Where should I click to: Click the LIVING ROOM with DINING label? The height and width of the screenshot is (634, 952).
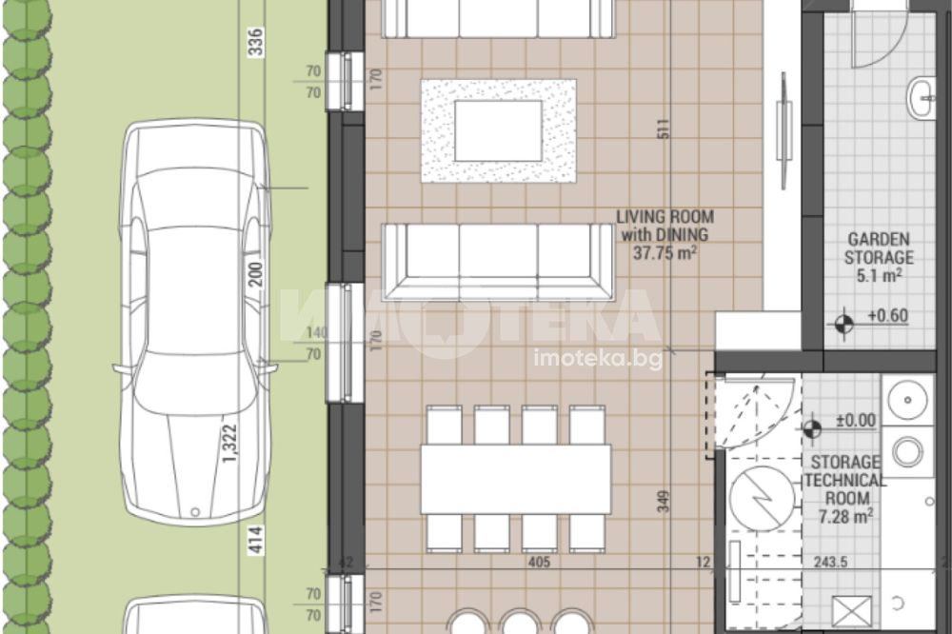[664, 234]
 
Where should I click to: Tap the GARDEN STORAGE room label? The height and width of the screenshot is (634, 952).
[879, 257]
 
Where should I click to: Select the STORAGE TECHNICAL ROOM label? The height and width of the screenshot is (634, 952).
[845, 489]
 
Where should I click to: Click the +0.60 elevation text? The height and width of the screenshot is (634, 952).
[887, 316]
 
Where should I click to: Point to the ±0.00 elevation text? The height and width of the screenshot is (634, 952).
[856, 420]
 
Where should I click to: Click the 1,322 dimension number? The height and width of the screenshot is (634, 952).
[230, 444]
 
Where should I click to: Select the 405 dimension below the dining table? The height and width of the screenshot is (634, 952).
[539, 563]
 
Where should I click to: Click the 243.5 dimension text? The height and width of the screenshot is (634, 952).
[830, 563]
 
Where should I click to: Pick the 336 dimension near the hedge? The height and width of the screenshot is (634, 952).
[257, 42]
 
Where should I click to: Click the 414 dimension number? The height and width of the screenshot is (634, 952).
[257, 540]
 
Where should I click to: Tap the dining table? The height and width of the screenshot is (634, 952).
[515, 479]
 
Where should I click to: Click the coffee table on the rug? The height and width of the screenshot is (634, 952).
[498, 131]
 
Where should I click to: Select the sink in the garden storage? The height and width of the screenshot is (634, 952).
[921, 97]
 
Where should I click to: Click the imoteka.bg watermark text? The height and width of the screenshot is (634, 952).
[598, 359]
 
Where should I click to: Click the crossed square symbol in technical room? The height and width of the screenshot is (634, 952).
[851, 610]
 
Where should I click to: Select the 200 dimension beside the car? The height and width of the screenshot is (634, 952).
[257, 274]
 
